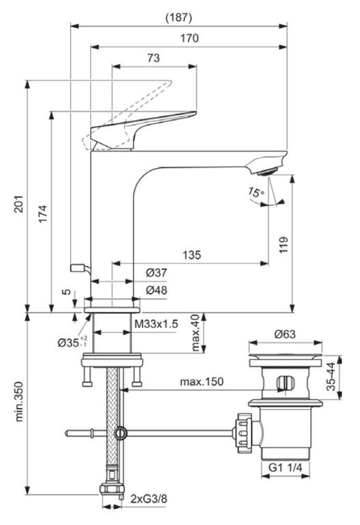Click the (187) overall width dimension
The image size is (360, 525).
pos(179,17)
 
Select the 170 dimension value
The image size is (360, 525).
pos(189,38)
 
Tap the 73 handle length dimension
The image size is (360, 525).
pos(154,58)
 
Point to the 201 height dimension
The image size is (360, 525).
pos(18,204)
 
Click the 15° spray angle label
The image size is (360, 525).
pos(256,193)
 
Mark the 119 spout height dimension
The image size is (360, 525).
pos(283,245)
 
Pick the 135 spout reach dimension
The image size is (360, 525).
pos(192,255)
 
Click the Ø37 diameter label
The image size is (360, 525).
pos(156,273)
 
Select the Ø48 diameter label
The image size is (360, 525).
pos(156,290)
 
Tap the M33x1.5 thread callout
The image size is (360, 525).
pos(156,324)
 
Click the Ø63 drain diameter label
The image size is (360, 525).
pos(285,334)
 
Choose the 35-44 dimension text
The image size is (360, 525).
pos(331,377)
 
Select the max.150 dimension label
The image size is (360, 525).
pos(202,381)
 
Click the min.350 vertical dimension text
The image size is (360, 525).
pos(18,401)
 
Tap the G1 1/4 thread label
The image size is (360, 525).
pos(286,467)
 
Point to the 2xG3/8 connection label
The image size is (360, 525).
pos(148,499)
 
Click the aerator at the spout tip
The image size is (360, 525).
pos(267,172)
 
